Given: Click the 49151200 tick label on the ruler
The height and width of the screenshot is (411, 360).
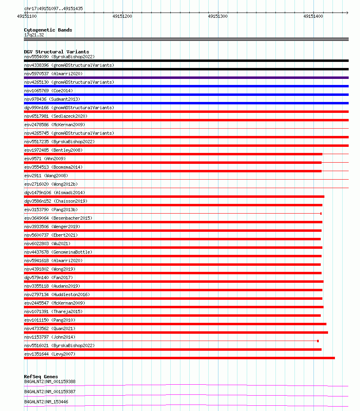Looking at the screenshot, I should tap(122, 16).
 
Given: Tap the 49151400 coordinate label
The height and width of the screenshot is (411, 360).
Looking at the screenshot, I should tap(313, 16).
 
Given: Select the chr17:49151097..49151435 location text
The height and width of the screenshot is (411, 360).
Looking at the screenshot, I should tap(54, 8).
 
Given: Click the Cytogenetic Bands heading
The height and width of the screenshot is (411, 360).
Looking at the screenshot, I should tap(48, 30).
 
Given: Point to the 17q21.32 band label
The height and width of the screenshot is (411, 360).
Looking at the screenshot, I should tap(34, 35).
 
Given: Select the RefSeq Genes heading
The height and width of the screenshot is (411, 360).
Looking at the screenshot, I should tap(41, 377).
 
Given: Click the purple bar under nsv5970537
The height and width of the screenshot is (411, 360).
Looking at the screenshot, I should tap(186, 78).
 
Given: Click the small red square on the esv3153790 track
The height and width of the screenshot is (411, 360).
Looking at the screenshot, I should tap(321, 214).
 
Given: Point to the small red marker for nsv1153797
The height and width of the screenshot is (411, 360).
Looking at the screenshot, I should tap(318, 341).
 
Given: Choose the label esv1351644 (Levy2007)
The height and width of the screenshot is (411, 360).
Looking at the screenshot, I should tap(50, 354).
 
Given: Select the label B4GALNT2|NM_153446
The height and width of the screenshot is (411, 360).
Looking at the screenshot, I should tap(46, 402).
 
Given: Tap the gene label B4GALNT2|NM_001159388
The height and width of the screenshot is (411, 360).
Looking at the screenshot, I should tap(50, 381).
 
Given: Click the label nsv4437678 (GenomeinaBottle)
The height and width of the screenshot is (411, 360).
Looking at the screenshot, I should tap(58, 252).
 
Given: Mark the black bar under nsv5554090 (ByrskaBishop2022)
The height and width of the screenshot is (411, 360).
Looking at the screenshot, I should tap(186, 61).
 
